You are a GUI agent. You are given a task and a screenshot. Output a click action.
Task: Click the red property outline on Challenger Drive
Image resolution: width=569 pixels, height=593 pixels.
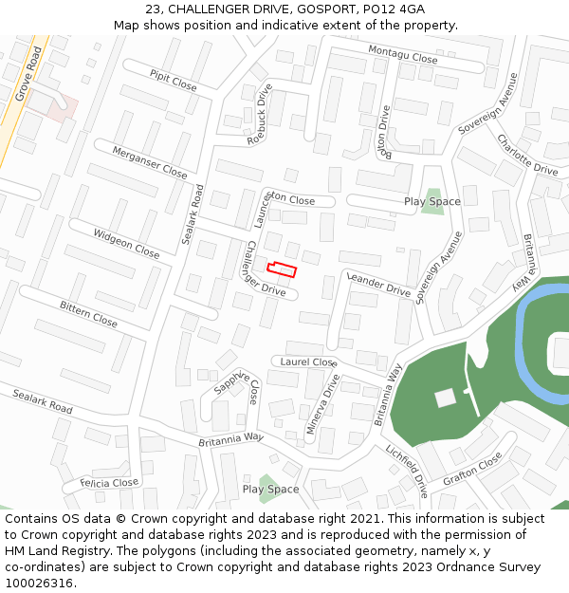[x=282, y=269]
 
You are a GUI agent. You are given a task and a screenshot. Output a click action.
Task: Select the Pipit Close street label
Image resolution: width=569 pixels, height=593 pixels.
[x=174, y=80]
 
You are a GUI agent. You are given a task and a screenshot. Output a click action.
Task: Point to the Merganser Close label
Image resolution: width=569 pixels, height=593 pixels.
[x=150, y=162]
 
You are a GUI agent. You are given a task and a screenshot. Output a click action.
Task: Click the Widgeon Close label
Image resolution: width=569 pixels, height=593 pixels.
[x=126, y=243]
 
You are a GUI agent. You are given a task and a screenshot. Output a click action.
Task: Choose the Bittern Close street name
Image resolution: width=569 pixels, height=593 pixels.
[x=88, y=314]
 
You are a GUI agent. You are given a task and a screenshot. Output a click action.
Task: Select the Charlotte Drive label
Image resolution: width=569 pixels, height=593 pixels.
[x=527, y=155]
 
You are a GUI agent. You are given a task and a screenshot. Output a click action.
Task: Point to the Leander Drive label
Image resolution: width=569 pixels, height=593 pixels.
[x=379, y=285]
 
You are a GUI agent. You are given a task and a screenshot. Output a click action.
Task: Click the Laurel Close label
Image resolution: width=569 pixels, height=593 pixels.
[x=308, y=362]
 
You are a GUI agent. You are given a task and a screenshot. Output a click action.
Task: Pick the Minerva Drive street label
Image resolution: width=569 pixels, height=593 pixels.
[x=322, y=404]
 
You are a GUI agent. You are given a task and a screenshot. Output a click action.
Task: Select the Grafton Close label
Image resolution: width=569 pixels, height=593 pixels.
[x=472, y=467]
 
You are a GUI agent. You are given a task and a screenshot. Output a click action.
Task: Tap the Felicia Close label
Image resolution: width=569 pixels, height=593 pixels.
[x=109, y=483]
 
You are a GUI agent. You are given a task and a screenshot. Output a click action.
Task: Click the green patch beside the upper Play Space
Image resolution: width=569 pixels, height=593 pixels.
[x=432, y=202]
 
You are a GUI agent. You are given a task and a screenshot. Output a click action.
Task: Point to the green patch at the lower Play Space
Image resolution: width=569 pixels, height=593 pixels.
[x=269, y=488]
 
